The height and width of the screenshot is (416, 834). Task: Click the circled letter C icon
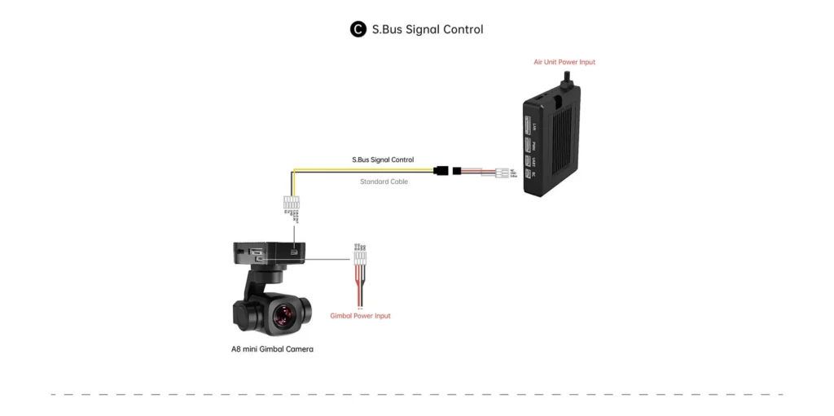358,29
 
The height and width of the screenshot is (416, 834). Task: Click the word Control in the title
463,29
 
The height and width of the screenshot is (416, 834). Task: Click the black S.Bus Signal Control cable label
383,160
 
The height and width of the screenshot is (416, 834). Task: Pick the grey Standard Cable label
384,182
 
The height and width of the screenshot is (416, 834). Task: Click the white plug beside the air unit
498,172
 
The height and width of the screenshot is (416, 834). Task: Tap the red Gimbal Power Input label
360,316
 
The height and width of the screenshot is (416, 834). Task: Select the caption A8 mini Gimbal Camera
272,348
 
